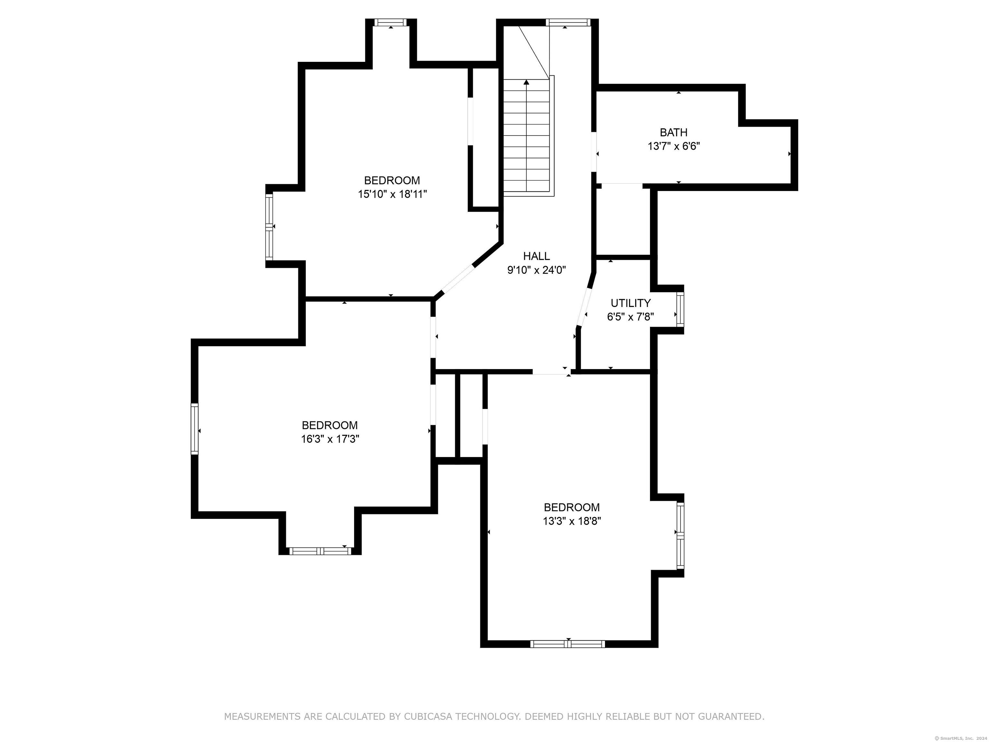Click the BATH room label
pyautogui.click(x=673, y=132)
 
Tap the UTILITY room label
pyautogui.click(x=630, y=303)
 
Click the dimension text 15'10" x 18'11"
pyautogui.click(x=392, y=194)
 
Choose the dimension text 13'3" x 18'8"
pyautogui.click(x=572, y=521)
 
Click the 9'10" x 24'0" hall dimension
pyautogui.click(x=537, y=270)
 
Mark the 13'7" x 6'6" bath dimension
pyautogui.click(x=674, y=146)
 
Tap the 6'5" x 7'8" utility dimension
pyautogui.click(x=630, y=317)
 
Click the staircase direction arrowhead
pyautogui.click(x=526, y=82)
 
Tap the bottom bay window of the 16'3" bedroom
pyautogui.click(x=320, y=551)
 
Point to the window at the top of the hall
pyautogui.click(x=568, y=22)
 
